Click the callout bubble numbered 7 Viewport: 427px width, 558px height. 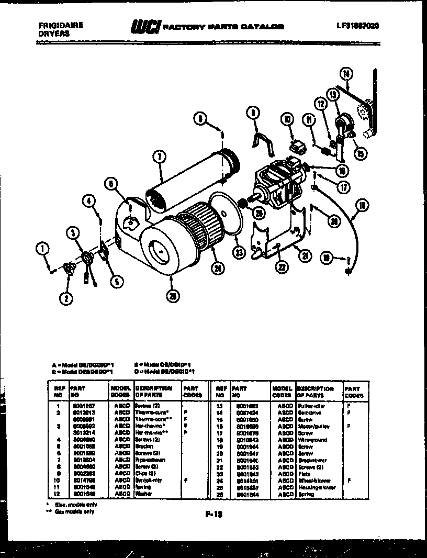pos(160,155)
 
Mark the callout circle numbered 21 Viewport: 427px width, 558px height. pos(304,255)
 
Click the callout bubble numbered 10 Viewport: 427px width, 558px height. pos(287,120)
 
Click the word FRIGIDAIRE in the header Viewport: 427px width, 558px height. pos(61,24)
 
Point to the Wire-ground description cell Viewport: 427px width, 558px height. pos(312,440)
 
